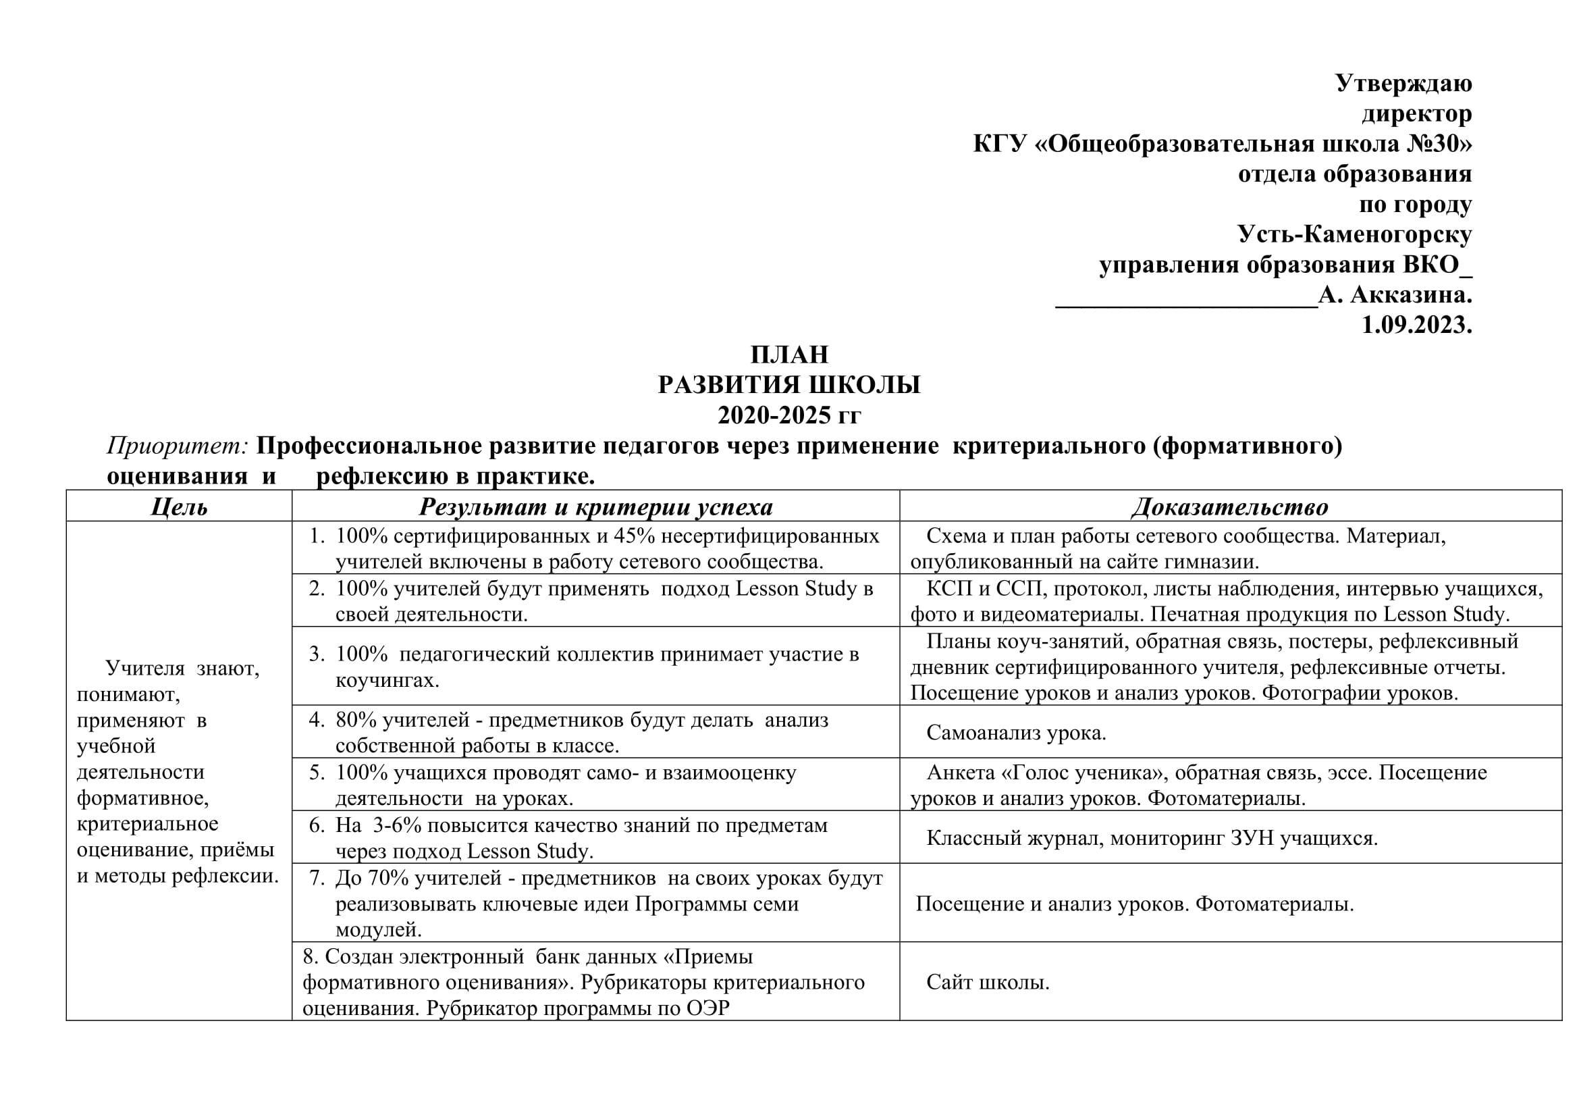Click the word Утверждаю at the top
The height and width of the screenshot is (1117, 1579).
click(x=1403, y=83)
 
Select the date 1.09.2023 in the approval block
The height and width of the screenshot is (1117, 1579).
click(x=1416, y=325)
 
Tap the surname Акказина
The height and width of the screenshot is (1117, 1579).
click(x=1410, y=295)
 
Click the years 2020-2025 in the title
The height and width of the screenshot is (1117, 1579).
click(x=774, y=415)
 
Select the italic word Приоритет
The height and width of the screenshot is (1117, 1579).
click(x=177, y=446)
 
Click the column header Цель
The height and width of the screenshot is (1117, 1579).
click(x=179, y=507)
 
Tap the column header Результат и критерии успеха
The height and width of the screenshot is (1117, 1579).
click(x=595, y=507)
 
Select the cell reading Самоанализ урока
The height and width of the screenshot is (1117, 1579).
click(x=1016, y=733)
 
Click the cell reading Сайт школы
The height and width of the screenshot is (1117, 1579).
click(x=988, y=982)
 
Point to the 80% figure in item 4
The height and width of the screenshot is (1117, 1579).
click(x=356, y=720)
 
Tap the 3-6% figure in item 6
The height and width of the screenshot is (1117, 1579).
click(x=402, y=825)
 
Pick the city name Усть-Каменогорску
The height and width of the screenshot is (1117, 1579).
click(x=1354, y=234)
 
